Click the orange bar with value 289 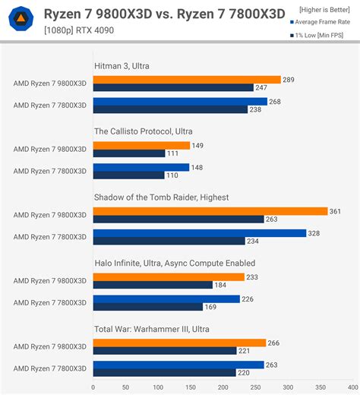186,79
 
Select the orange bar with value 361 210,211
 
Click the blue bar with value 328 199,233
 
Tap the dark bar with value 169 147,307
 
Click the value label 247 261,87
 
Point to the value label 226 248,299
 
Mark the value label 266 274,343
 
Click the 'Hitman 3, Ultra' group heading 122,65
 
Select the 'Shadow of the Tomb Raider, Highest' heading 161,197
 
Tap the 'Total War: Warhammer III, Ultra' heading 153,329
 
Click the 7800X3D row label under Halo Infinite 49,303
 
